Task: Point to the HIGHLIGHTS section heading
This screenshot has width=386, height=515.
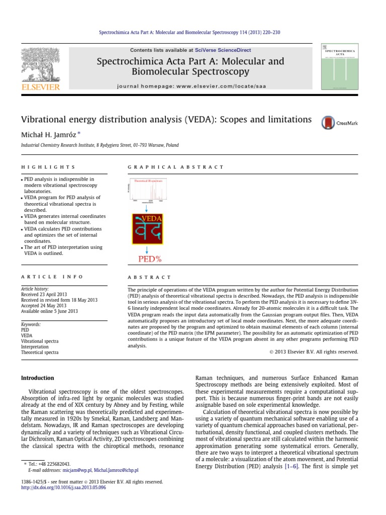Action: [48, 167]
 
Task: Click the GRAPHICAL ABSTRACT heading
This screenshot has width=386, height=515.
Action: [176, 167]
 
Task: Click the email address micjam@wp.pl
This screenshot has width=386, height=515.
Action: [76, 470]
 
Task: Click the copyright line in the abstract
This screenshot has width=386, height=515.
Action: [311, 352]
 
